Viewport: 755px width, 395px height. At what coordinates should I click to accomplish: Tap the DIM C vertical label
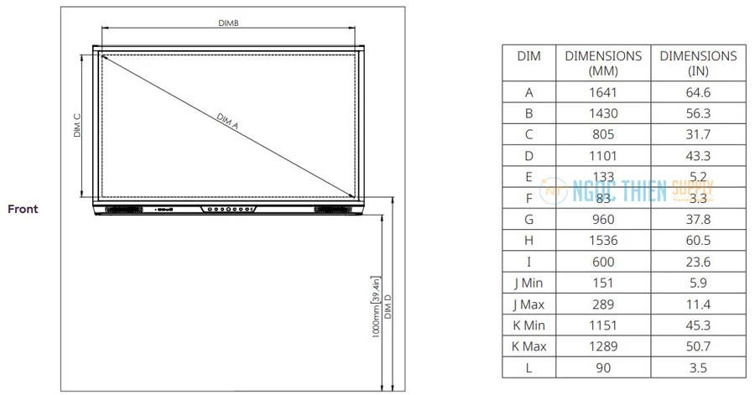click(77, 126)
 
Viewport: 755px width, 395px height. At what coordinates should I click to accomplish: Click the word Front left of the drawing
click(23, 209)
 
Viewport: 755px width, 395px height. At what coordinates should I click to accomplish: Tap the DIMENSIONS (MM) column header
click(603, 63)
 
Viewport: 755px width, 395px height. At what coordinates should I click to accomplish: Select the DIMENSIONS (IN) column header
click(698, 63)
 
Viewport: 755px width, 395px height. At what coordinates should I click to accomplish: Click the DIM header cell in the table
click(528, 56)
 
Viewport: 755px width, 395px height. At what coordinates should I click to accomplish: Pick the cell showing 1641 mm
click(603, 92)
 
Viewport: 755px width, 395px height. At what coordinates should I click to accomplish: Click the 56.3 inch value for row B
click(698, 113)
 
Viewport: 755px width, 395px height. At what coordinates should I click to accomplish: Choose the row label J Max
click(528, 304)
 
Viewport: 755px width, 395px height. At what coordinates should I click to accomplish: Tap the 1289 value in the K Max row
click(603, 346)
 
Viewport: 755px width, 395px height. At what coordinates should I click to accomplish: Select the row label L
click(528, 367)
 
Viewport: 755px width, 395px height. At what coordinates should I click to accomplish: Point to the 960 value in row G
click(603, 219)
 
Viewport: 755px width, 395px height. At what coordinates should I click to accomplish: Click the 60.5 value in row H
click(698, 240)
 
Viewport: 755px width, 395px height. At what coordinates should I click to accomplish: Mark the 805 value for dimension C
click(603, 134)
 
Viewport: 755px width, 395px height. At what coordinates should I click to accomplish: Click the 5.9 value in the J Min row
click(698, 283)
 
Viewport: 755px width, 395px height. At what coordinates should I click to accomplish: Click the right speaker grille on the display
click(331, 208)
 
